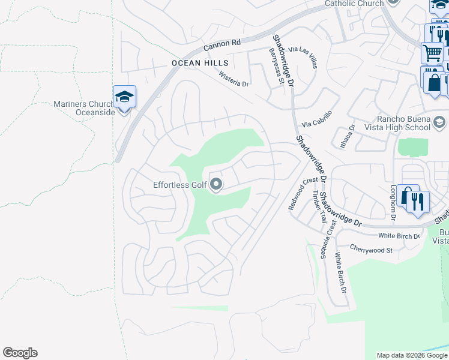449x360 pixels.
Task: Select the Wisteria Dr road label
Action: [x=234, y=79]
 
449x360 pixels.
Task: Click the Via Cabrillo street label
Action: [x=316, y=117]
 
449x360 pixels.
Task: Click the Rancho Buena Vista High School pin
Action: [x=439, y=122]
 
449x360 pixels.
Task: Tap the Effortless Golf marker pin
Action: [x=216, y=185]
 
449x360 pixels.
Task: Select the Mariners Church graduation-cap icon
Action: [x=124, y=97]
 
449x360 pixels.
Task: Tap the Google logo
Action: [x=20, y=353]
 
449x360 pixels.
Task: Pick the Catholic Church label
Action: [x=354, y=4]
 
